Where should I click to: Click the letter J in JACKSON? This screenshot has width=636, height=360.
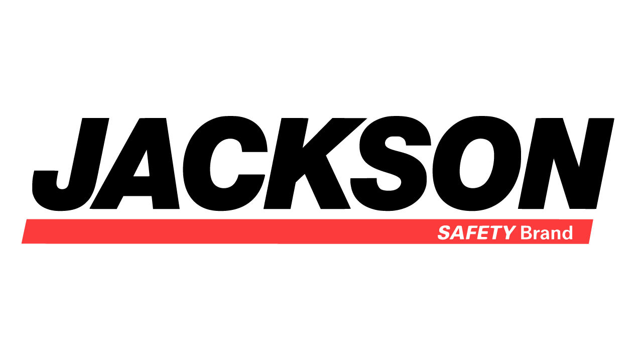coord(70,164)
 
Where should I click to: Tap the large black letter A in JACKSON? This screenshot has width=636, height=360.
coord(135,164)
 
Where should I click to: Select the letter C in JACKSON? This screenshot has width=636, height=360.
coord(225,164)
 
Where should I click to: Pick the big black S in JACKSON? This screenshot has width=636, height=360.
coord(391,164)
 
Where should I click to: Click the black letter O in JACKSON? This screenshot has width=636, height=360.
coord(477,164)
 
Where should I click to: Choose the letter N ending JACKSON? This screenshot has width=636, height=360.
coord(566,164)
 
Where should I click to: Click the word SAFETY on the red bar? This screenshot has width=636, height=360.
coord(477,233)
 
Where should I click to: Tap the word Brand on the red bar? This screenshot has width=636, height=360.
coord(547,233)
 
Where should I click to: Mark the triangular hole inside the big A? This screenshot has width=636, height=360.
coord(142,164)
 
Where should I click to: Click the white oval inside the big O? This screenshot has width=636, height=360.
coord(477,163)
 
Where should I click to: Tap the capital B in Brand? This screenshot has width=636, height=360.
coord(526,233)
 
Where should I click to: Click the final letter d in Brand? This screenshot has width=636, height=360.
coord(567,233)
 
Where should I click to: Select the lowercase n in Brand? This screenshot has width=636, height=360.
coord(555,234)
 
